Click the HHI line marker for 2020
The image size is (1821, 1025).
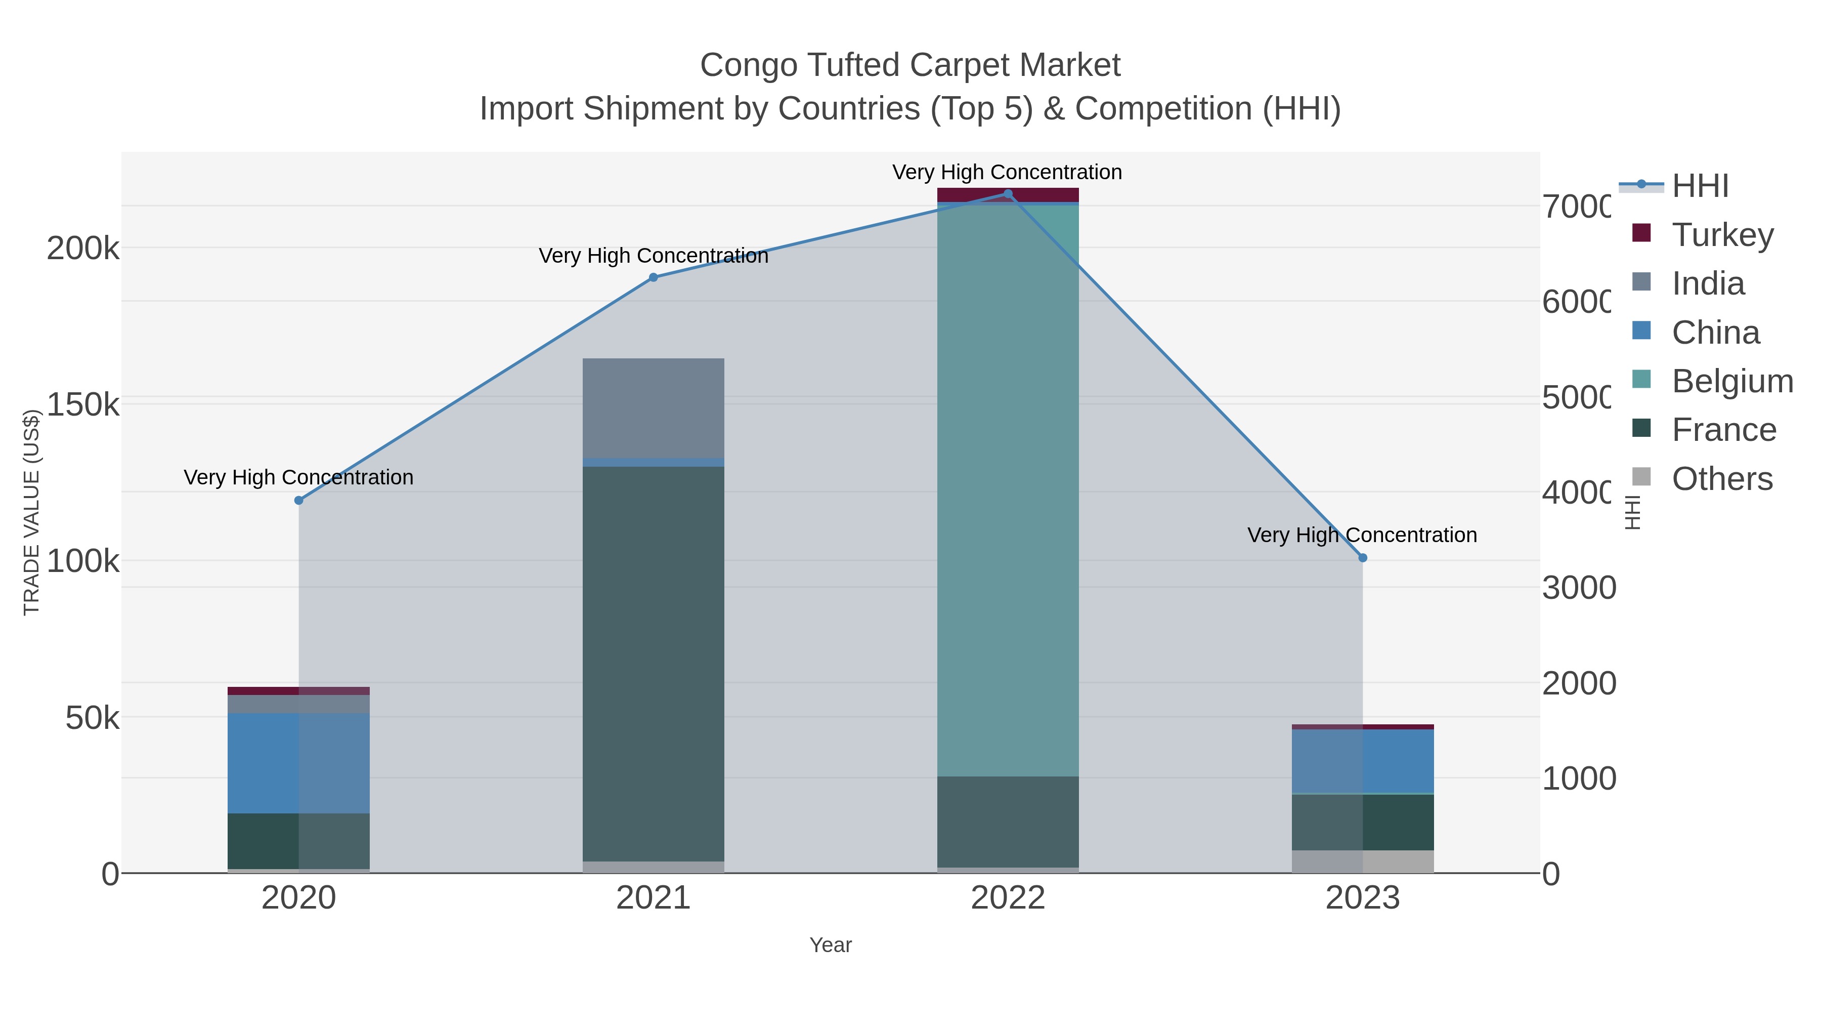(298, 500)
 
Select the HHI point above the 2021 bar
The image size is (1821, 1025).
(653, 277)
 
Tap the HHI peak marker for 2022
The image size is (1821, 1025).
(1008, 194)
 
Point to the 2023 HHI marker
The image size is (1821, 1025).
(1363, 557)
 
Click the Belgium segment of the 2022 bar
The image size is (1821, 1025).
(1008, 488)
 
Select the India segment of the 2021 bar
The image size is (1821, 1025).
(653, 407)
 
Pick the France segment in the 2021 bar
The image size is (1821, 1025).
(653, 664)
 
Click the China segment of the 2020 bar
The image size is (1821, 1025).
(298, 763)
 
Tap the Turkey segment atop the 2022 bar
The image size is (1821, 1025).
(1008, 194)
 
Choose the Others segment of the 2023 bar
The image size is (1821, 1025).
(1363, 861)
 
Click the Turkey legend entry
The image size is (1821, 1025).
(1722, 235)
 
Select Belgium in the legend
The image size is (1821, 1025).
(1732, 381)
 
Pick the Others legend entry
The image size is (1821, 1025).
(1722, 479)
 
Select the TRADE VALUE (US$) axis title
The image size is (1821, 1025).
(32, 512)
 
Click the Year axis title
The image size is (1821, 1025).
(831, 945)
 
